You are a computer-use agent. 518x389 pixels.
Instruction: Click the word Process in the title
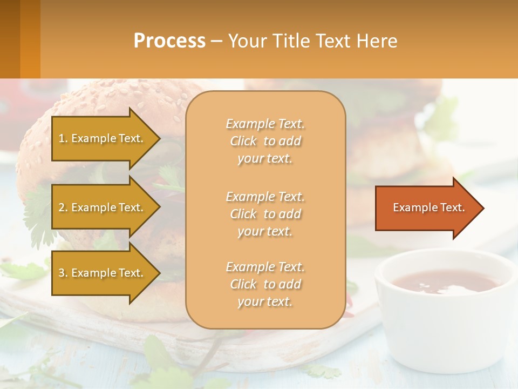click(x=169, y=41)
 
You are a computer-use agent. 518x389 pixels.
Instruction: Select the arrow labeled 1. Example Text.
click(x=103, y=138)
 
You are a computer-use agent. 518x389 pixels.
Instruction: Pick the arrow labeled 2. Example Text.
click(x=103, y=207)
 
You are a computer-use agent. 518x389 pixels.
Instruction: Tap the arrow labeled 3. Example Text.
click(x=103, y=273)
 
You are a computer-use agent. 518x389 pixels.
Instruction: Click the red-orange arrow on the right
click(x=426, y=207)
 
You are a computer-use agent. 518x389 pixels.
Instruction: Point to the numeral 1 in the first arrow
click(x=62, y=138)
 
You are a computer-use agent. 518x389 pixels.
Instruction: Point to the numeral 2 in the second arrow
click(x=62, y=207)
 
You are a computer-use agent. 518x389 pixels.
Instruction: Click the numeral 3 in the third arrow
click(x=62, y=273)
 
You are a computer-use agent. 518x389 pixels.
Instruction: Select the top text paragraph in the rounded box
click(x=265, y=141)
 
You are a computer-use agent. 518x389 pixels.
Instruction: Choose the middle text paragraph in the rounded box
click(x=265, y=214)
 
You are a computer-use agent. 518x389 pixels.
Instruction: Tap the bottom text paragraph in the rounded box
click(x=265, y=284)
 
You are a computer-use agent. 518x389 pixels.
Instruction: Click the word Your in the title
click(x=248, y=41)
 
